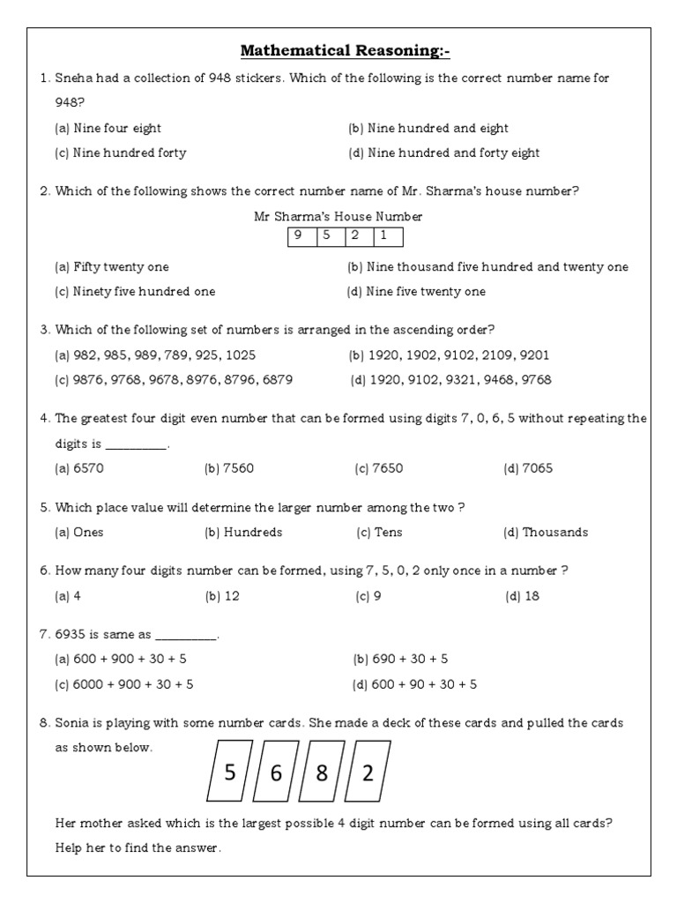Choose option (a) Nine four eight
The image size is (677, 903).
(108, 128)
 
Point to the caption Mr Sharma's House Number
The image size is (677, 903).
(338, 216)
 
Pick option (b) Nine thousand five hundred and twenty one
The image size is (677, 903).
(487, 266)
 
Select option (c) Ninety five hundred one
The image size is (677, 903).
(135, 291)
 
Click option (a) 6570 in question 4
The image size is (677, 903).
(79, 468)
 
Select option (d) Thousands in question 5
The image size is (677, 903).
(545, 532)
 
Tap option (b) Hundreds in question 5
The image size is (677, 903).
(243, 532)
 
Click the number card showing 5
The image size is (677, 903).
(229, 773)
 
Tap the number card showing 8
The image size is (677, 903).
(322, 773)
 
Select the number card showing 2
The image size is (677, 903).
(368, 773)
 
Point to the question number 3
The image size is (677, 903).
(44, 330)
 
